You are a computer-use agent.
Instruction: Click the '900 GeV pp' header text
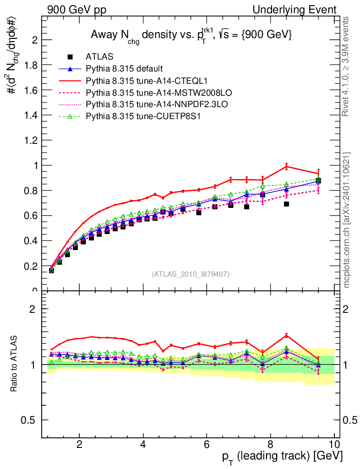coord(76,10)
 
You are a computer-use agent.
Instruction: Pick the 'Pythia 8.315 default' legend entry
coord(124,69)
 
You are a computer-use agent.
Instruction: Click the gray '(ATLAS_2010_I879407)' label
coord(191,274)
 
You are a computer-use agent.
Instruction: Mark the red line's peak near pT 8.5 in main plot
coord(286,166)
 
